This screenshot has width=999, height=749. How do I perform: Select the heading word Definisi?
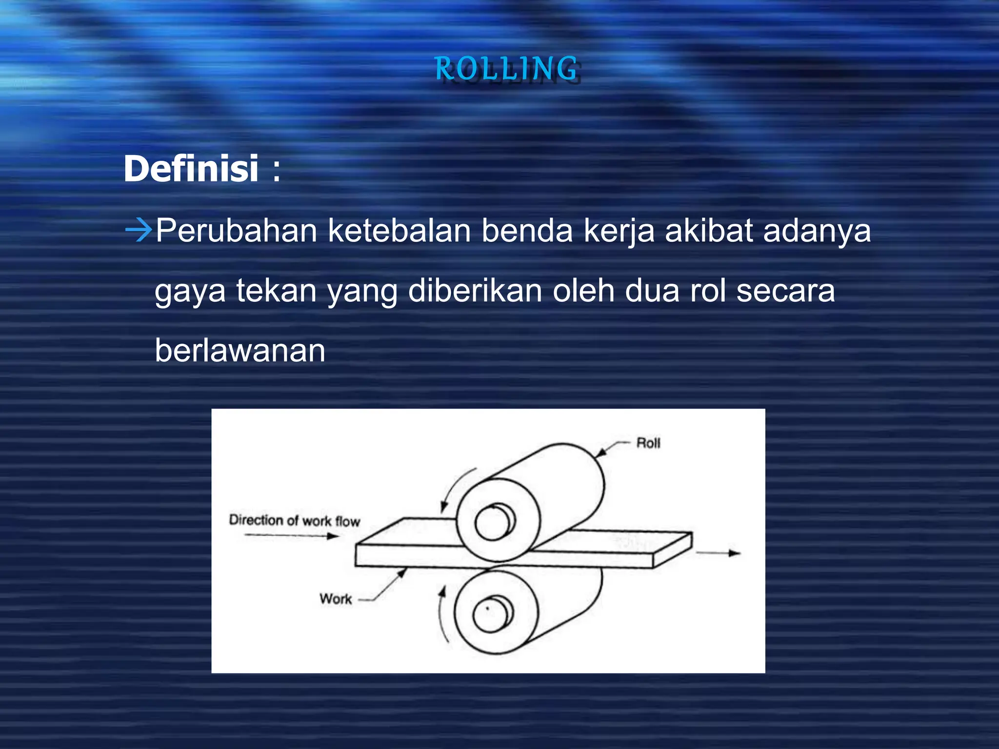(191, 169)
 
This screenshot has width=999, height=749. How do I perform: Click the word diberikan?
(475, 291)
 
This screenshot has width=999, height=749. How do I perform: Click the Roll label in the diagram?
(648, 443)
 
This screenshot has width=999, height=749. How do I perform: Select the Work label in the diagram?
(336, 599)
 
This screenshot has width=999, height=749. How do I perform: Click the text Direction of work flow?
(295, 521)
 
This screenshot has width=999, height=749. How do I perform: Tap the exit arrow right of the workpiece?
(718, 553)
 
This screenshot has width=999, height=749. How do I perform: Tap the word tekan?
(277, 291)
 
